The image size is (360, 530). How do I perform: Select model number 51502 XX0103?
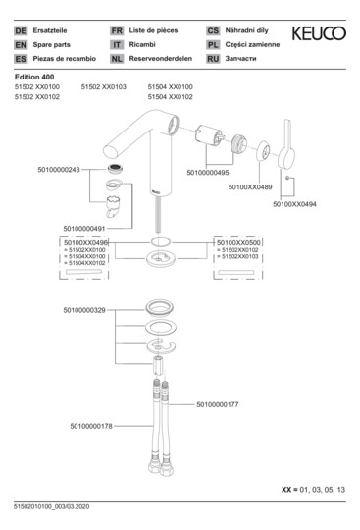click(x=103, y=86)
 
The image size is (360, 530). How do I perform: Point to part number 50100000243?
click(x=58, y=170)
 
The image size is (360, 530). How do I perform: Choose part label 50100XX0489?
click(x=251, y=185)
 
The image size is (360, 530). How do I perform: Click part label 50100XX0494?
click(x=295, y=204)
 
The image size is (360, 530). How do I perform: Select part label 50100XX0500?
click(x=238, y=241)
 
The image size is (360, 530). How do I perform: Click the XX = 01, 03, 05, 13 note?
click(x=315, y=488)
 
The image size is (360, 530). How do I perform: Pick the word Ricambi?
click(x=144, y=44)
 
